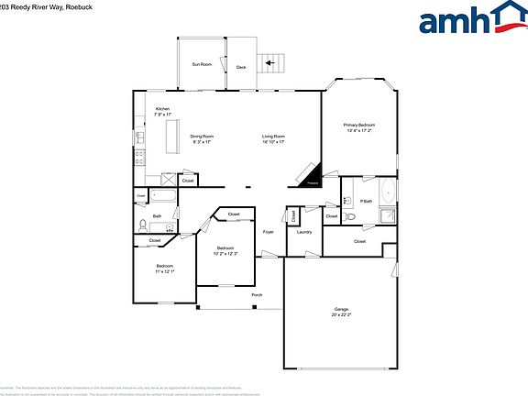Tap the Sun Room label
[x=202, y=64]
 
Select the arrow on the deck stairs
[x=269, y=63]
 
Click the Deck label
[x=241, y=67]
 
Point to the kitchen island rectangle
[x=170, y=137]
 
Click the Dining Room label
[x=202, y=137]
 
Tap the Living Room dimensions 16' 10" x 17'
[x=273, y=142]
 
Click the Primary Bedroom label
[x=359, y=125]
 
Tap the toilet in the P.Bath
[x=349, y=217]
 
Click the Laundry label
[x=304, y=232]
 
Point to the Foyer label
[x=269, y=232]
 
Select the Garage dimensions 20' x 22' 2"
[x=342, y=314]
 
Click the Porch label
[x=257, y=294]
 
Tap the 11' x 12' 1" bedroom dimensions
[x=165, y=272]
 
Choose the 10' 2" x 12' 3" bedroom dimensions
[x=225, y=253]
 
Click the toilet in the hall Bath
[x=142, y=225]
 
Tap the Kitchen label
[x=162, y=109]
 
